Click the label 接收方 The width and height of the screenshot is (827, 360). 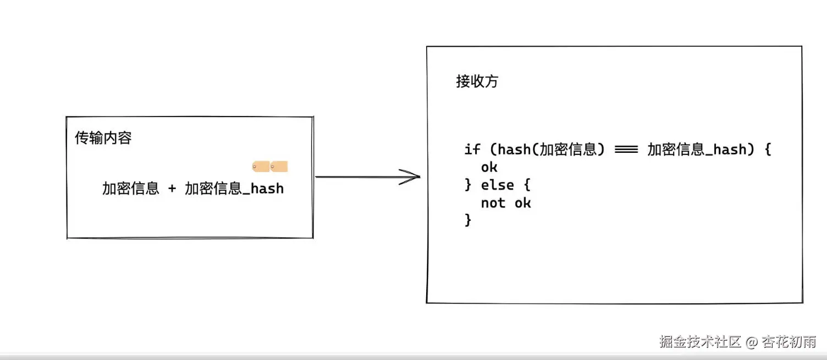point(477,82)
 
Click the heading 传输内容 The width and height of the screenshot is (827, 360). point(103,138)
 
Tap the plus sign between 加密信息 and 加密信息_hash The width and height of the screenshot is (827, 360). point(172,189)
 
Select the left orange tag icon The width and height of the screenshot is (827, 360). point(261,167)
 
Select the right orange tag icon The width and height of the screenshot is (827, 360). point(279,167)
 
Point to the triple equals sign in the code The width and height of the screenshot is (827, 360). point(626,149)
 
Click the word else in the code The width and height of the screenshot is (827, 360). point(498,185)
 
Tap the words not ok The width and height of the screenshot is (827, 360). point(506,203)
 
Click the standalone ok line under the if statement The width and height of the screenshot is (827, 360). point(489,167)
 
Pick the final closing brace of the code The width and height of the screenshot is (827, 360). point(468,220)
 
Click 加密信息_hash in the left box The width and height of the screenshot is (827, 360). point(234,189)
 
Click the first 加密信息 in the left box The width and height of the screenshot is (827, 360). point(131,189)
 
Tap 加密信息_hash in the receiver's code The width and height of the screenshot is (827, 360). point(697,149)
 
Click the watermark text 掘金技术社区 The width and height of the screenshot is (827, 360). point(700,342)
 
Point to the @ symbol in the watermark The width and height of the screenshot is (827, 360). point(752,342)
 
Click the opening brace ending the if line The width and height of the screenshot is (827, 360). point(768,149)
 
